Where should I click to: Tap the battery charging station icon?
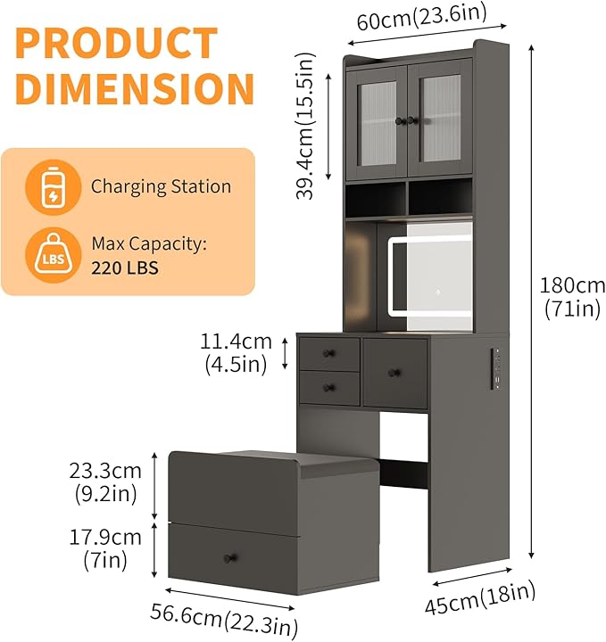click(x=54, y=187)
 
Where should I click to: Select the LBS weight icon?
click(x=54, y=255)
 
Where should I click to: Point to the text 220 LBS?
click(x=125, y=268)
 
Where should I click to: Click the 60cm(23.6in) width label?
click(x=422, y=17)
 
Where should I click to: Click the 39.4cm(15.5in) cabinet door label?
click(x=305, y=126)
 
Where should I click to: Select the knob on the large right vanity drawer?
click(x=394, y=373)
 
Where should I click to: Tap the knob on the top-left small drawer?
click(x=328, y=353)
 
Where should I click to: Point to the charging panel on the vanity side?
click(x=495, y=368)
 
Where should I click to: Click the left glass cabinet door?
click(x=377, y=123)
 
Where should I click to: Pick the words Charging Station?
click(x=161, y=186)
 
